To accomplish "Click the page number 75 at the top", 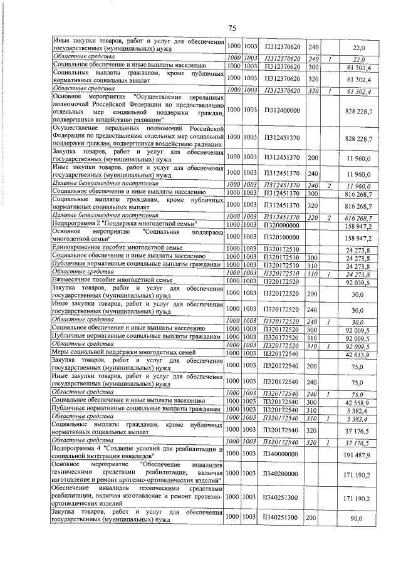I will tap(231, 28).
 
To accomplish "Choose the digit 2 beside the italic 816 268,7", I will tap(328, 216).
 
